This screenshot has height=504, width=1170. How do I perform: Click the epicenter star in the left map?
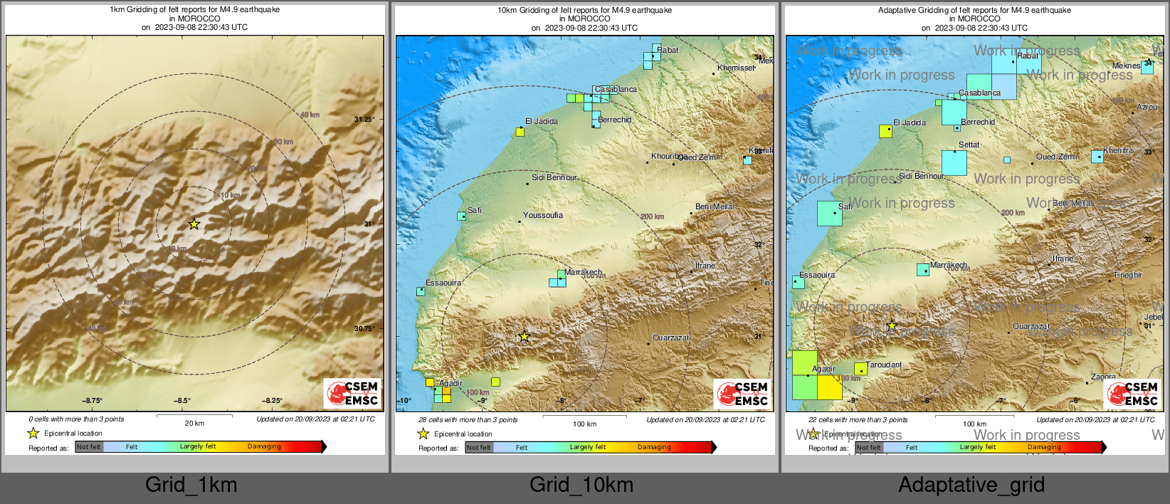pos(194,224)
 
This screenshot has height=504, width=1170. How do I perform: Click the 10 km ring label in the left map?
pos(230,195)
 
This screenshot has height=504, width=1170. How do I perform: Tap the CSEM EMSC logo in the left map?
pos(353,394)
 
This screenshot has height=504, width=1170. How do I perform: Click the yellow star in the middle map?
pos(525,336)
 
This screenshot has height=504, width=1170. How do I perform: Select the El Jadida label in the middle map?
pos(542,122)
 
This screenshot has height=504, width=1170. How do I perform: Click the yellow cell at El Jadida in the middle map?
pos(520,132)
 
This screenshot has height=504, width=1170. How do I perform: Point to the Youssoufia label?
pos(543,216)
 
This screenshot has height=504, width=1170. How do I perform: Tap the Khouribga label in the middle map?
pos(668,156)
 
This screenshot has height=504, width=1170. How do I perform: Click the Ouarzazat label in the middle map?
pos(671,337)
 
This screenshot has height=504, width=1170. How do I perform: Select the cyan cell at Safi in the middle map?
pos(461,216)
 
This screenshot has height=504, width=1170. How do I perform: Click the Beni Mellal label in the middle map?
pos(715,206)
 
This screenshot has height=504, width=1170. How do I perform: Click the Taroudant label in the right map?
pos(884,364)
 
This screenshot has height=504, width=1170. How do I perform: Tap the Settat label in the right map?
pos(969,145)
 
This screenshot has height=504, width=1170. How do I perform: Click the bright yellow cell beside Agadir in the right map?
pos(830,387)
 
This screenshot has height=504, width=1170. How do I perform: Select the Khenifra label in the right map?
pos(1118,151)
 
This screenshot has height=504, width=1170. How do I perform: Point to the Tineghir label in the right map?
pos(1128,275)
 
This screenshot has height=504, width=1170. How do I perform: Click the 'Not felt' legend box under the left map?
pos(89,447)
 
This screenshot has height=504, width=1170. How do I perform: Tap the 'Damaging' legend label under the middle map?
pos(654,447)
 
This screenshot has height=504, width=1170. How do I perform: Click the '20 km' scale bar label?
pos(194,423)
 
